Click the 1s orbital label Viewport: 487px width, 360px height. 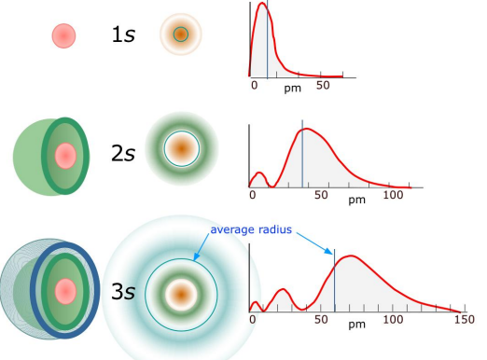tap(124, 35)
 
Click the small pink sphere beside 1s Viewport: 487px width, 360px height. tap(63, 35)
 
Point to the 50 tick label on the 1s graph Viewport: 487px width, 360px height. tap(322, 86)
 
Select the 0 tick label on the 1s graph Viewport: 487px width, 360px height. tap(255, 86)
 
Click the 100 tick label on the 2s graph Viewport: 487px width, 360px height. tap(393, 196)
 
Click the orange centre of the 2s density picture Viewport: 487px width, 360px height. tap(180, 147)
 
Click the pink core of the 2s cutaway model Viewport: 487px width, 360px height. tap(64, 156)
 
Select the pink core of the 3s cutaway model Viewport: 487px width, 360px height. tap(65, 292)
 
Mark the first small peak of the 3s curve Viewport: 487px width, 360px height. tap(255, 303)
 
